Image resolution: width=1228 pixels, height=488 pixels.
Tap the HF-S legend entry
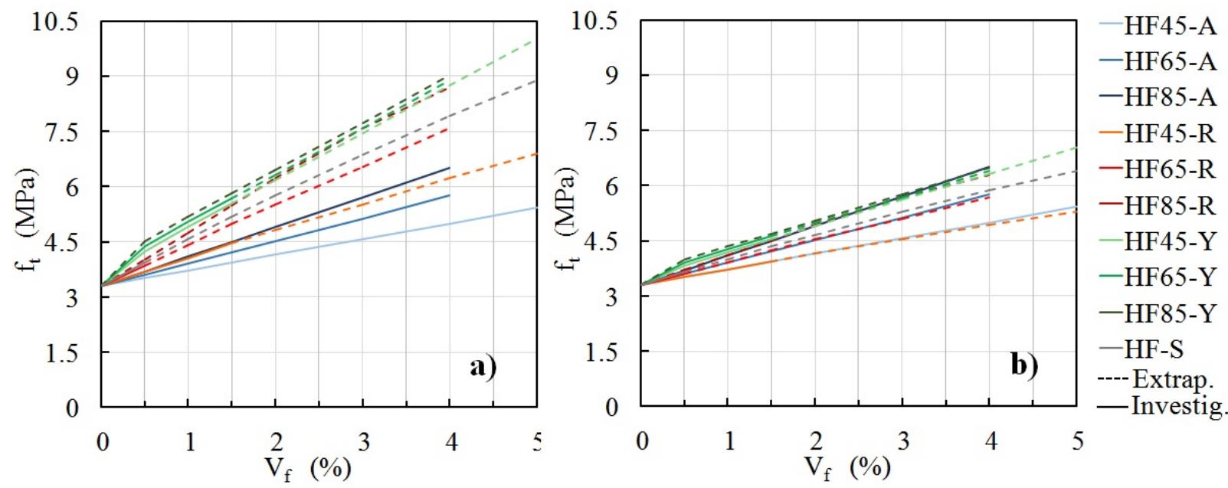pos(1154,349)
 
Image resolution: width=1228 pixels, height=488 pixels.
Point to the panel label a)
pos(483,367)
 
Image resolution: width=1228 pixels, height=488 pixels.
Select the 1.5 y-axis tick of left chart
pos(68,353)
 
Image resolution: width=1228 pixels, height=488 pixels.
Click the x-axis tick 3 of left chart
pos(364,442)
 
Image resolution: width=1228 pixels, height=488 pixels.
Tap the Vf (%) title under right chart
pos(847,467)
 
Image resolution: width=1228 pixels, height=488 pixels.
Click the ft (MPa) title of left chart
pos(28,219)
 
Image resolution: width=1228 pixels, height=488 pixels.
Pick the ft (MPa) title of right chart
pos(568,219)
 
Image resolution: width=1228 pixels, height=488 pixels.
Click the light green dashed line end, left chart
pos(534,39)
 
